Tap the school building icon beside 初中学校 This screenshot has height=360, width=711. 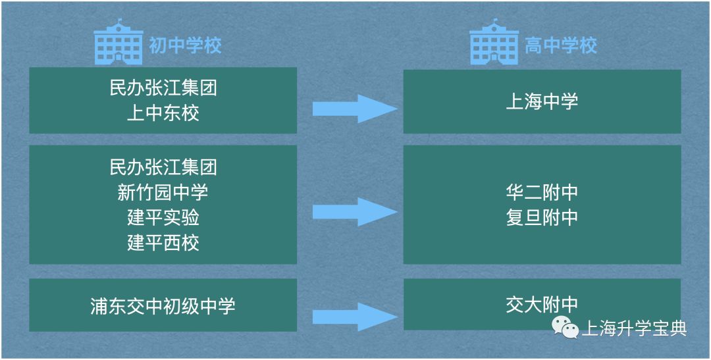118,43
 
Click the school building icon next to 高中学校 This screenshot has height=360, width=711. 494,43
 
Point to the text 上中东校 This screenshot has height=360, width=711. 163,113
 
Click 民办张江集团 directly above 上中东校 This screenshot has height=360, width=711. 163,88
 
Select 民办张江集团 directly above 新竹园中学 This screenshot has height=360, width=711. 163,167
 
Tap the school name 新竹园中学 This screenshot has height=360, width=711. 163,192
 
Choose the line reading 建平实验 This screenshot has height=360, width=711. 163,217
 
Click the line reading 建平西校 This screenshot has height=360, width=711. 163,243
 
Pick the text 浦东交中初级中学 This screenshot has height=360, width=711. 163,306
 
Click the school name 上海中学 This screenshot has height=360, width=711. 542,101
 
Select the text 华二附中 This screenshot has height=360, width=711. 542,192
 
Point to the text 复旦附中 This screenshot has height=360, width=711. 542,217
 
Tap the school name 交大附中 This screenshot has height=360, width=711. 542,305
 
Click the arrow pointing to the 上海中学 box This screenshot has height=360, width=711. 354,109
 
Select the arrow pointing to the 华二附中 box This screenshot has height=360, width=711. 354,212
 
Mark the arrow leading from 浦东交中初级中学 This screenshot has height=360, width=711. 354,317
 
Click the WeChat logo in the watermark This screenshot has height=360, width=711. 565,326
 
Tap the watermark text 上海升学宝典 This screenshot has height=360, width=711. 634,328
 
